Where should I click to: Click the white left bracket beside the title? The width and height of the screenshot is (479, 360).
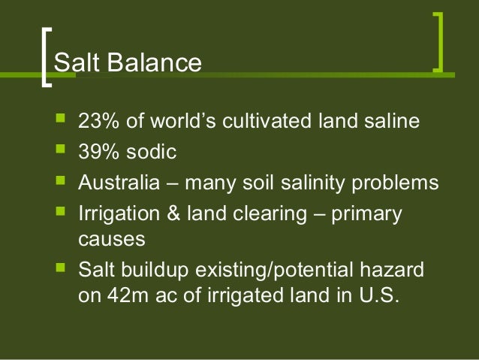[47, 58]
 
